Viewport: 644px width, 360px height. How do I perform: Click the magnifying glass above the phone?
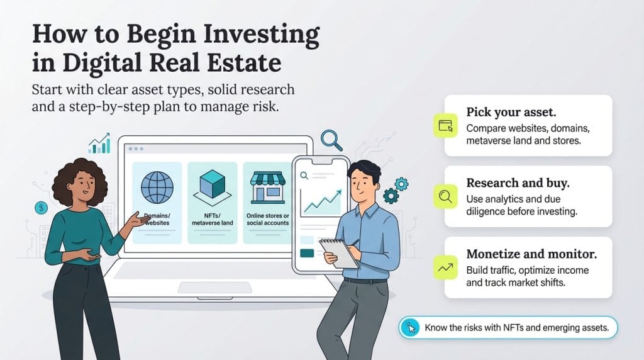pos(331,140)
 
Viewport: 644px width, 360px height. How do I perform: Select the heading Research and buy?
pos(518,183)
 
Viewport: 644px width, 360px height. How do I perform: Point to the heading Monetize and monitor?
pos(532,254)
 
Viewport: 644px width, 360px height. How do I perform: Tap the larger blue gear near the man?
pos(391,196)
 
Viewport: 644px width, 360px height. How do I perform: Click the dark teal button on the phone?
pos(308,253)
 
